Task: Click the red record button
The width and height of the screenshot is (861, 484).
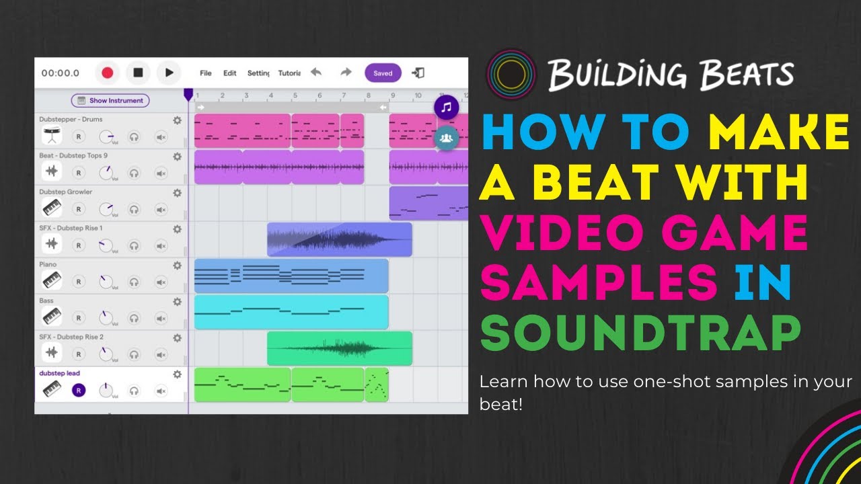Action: (x=107, y=73)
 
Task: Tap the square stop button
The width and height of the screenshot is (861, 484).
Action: (x=138, y=73)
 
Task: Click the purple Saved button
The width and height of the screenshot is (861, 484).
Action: (x=383, y=73)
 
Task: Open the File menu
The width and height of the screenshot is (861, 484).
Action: (x=206, y=73)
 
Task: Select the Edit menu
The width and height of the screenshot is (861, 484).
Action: (x=230, y=73)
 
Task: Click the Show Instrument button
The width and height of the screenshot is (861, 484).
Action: (x=110, y=101)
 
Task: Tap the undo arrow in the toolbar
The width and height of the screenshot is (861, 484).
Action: (x=315, y=73)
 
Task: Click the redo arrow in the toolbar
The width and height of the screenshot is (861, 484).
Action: (x=346, y=73)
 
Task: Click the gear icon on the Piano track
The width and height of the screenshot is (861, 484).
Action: (x=177, y=266)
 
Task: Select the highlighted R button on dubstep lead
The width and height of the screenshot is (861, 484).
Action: (x=79, y=391)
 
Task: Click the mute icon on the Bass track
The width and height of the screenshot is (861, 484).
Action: (x=161, y=318)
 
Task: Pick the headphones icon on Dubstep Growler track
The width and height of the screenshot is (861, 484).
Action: (x=134, y=209)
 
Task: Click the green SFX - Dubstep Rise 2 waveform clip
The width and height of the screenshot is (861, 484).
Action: (x=340, y=348)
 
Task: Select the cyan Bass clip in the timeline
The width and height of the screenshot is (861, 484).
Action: (x=291, y=312)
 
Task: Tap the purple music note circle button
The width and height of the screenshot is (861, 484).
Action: (x=446, y=107)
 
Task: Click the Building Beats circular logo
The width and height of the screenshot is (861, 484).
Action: (x=511, y=73)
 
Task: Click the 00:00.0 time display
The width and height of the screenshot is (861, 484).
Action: (x=61, y=73)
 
